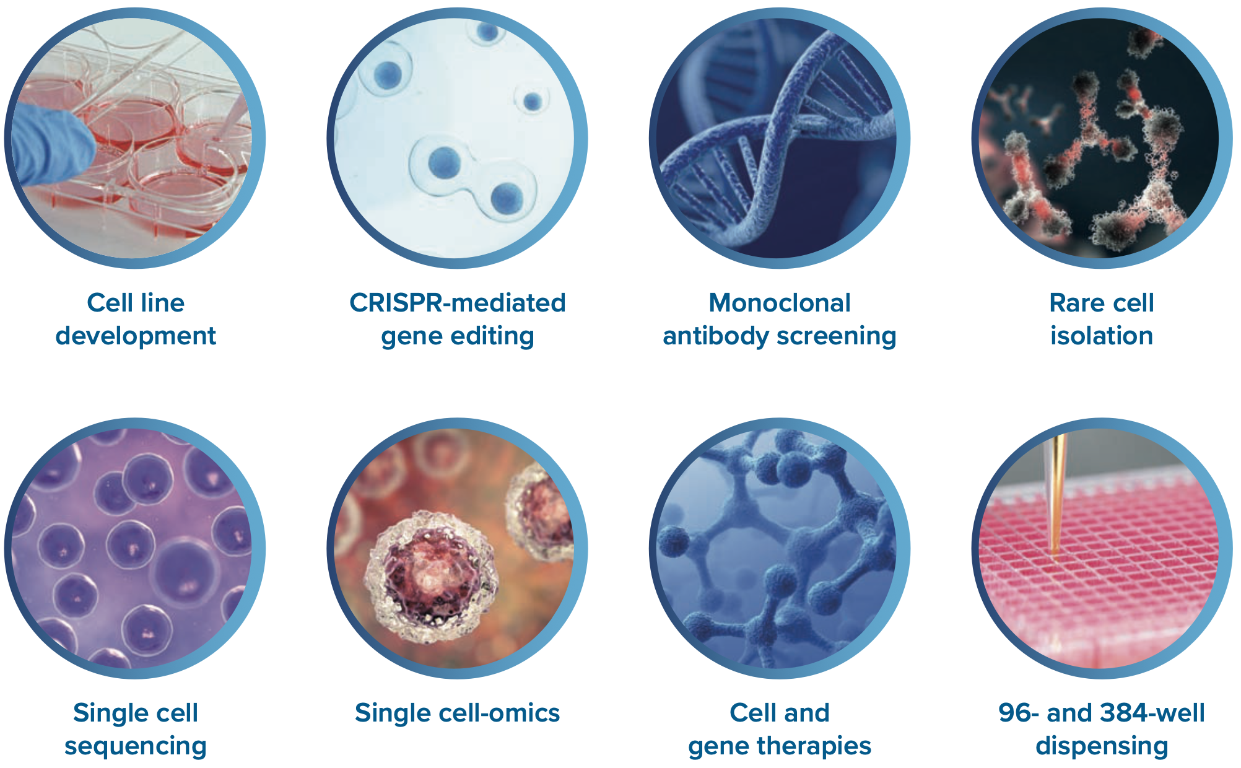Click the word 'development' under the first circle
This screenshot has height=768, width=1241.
[x=136, y=336]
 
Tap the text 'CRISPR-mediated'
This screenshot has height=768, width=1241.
[x=458, y=303]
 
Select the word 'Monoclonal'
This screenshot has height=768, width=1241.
[x=780, y=303]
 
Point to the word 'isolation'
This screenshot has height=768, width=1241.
[x=1102, y=336]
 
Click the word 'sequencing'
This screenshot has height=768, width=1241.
[x=136, y=746]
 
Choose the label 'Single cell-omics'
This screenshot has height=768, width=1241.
[x=458, y=713]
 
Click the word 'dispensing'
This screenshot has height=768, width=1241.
[x=1102, y=746]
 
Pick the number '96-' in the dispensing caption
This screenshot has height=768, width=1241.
[x=1019, y=713]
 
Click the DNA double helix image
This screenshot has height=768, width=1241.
[x=779, y=137]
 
